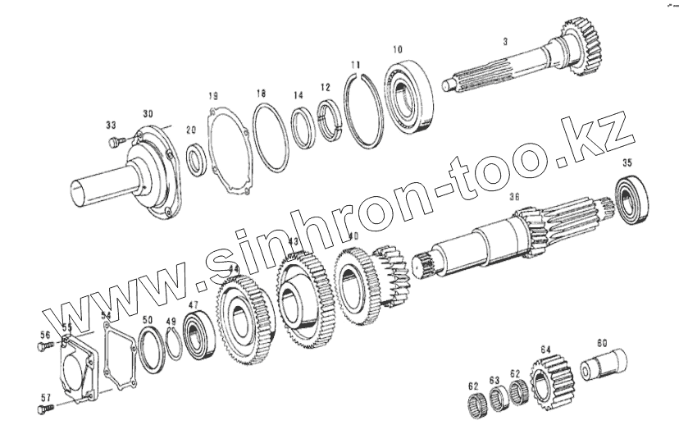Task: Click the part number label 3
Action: [506, 39]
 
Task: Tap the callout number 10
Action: [397, 50]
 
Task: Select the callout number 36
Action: [514, 197]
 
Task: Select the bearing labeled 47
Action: [197, 336]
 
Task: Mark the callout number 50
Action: [147, 319]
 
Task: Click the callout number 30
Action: [148, 113]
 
